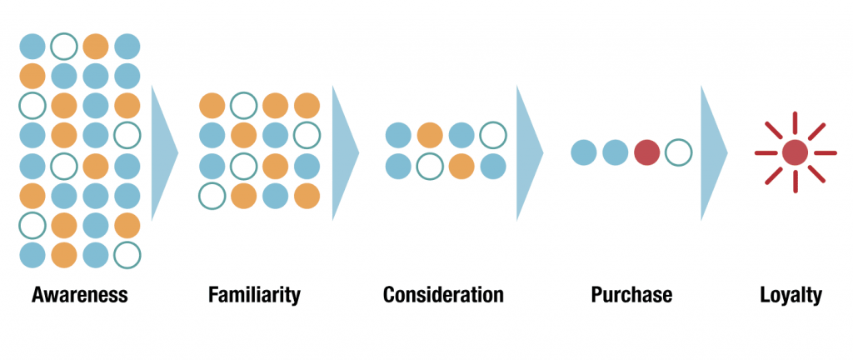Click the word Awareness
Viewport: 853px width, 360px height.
79,295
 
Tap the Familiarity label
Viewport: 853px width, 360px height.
254,295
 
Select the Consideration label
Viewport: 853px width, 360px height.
443,295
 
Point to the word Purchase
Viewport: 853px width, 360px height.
631,295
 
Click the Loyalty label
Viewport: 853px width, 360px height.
791,295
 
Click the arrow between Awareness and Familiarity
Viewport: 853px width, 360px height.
164,152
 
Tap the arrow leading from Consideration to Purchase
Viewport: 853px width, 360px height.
530,152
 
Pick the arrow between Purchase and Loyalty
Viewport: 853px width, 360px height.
714,152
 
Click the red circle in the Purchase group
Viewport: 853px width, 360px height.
646,152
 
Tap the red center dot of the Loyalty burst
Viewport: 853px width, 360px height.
795,152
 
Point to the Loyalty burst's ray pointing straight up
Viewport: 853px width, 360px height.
795,122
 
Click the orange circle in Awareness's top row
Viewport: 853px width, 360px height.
96,46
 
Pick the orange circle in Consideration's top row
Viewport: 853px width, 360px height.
431,135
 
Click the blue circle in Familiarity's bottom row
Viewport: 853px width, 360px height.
275,197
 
